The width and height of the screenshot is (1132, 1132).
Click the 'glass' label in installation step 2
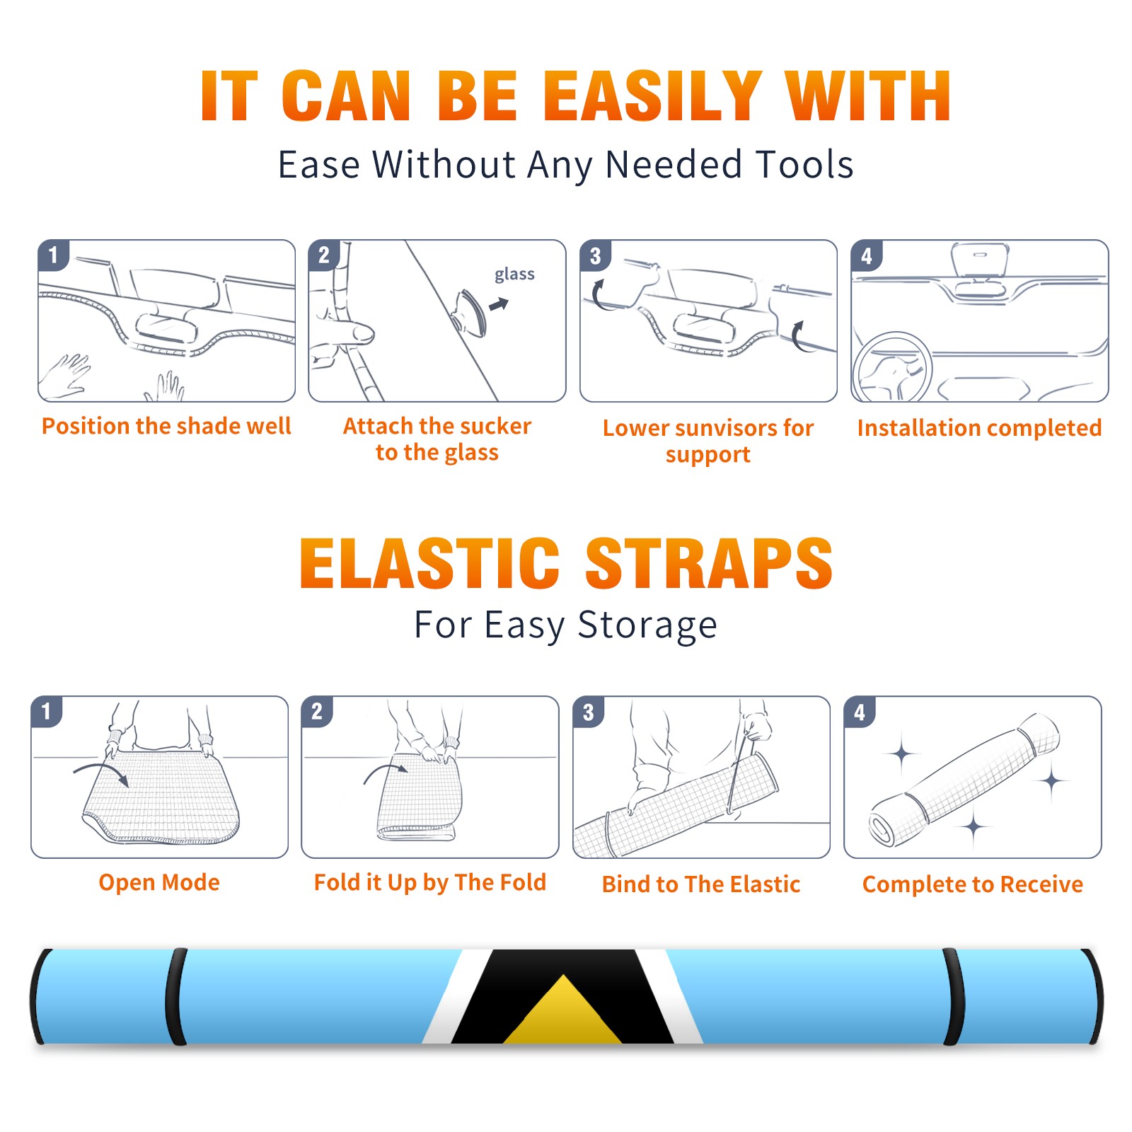pyautogui.click(x=514, y=275)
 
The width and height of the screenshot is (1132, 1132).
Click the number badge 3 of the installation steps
pyautogui.click(x=596, y=255)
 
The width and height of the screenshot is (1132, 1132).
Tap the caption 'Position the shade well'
pyautogui.click(x=166, y=426)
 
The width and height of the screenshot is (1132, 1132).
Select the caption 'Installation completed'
pyautogui.click(x=979, y=428)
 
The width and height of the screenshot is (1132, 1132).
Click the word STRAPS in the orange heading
pyautogui.click(x=709, y=563)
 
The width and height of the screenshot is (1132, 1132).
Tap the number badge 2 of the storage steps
pyautogui.click(x=317, y=712)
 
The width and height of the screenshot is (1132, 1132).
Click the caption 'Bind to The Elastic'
pyautogui.click(x=700, y=884)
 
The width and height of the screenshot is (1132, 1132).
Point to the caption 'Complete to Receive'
pyautogui.click(x=972, y=884)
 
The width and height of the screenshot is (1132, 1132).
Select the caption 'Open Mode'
pyautogui.click(x=159, y=883)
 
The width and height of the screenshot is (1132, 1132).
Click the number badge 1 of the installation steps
pyautogui.click(x=54, y=255)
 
